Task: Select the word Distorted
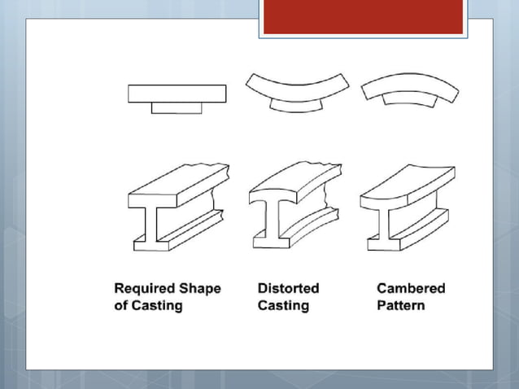[x=288, y=288]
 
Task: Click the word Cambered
[x=411, y=288]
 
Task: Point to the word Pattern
[x=401, y=306]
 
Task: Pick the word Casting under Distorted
[x=283, y=306]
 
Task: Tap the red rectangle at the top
[x=363, y=17]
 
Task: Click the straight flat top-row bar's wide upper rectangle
[x=177, y=94]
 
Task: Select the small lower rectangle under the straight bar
[x=177, y=107]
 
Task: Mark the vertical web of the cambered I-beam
[x=379, y=225]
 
